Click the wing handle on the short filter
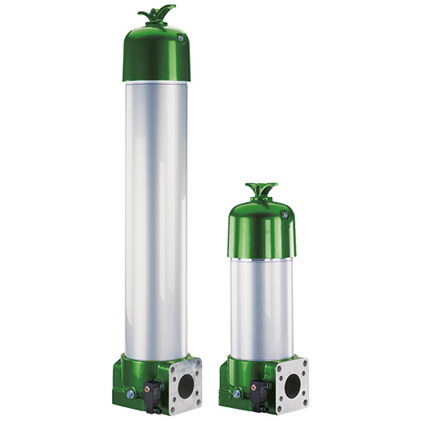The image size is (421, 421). point(262,189)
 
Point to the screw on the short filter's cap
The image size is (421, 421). point(284,215)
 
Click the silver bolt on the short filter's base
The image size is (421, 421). point(236,395)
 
